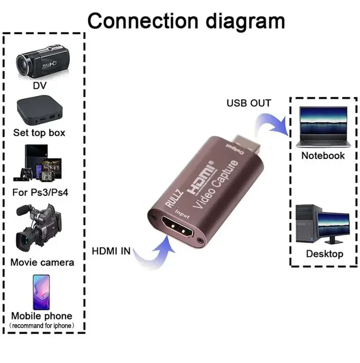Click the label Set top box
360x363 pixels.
[x=39, y=133]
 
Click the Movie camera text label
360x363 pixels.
[x=42, y=262]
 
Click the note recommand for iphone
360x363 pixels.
[x=42, y=325]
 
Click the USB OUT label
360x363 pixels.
[x=249, y=103]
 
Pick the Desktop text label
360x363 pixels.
[x=324, y=254]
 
